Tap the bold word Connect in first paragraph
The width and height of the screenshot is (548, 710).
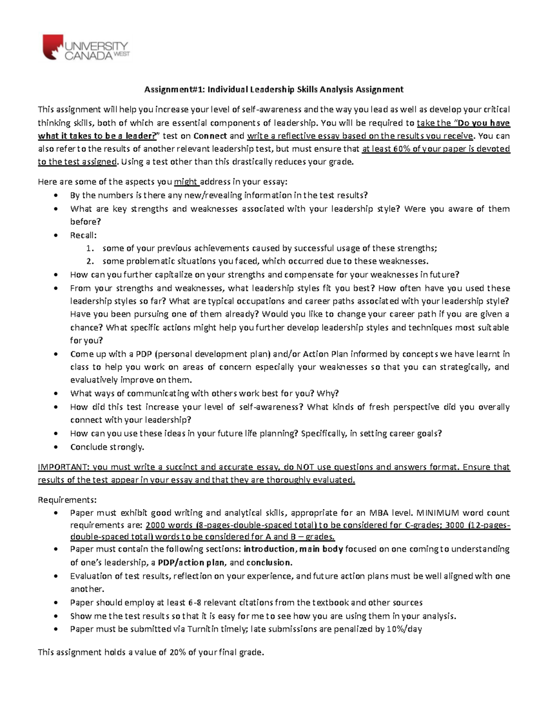(x=210, y=136)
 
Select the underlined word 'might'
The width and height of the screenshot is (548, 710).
(x=185, y=182)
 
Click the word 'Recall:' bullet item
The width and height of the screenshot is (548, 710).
(x=83, y=235)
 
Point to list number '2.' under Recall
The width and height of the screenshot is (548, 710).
(x=90, y=262)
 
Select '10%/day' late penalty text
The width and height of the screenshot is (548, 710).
(x=404, y=629)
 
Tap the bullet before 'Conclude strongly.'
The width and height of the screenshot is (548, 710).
(x=56, y=447)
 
